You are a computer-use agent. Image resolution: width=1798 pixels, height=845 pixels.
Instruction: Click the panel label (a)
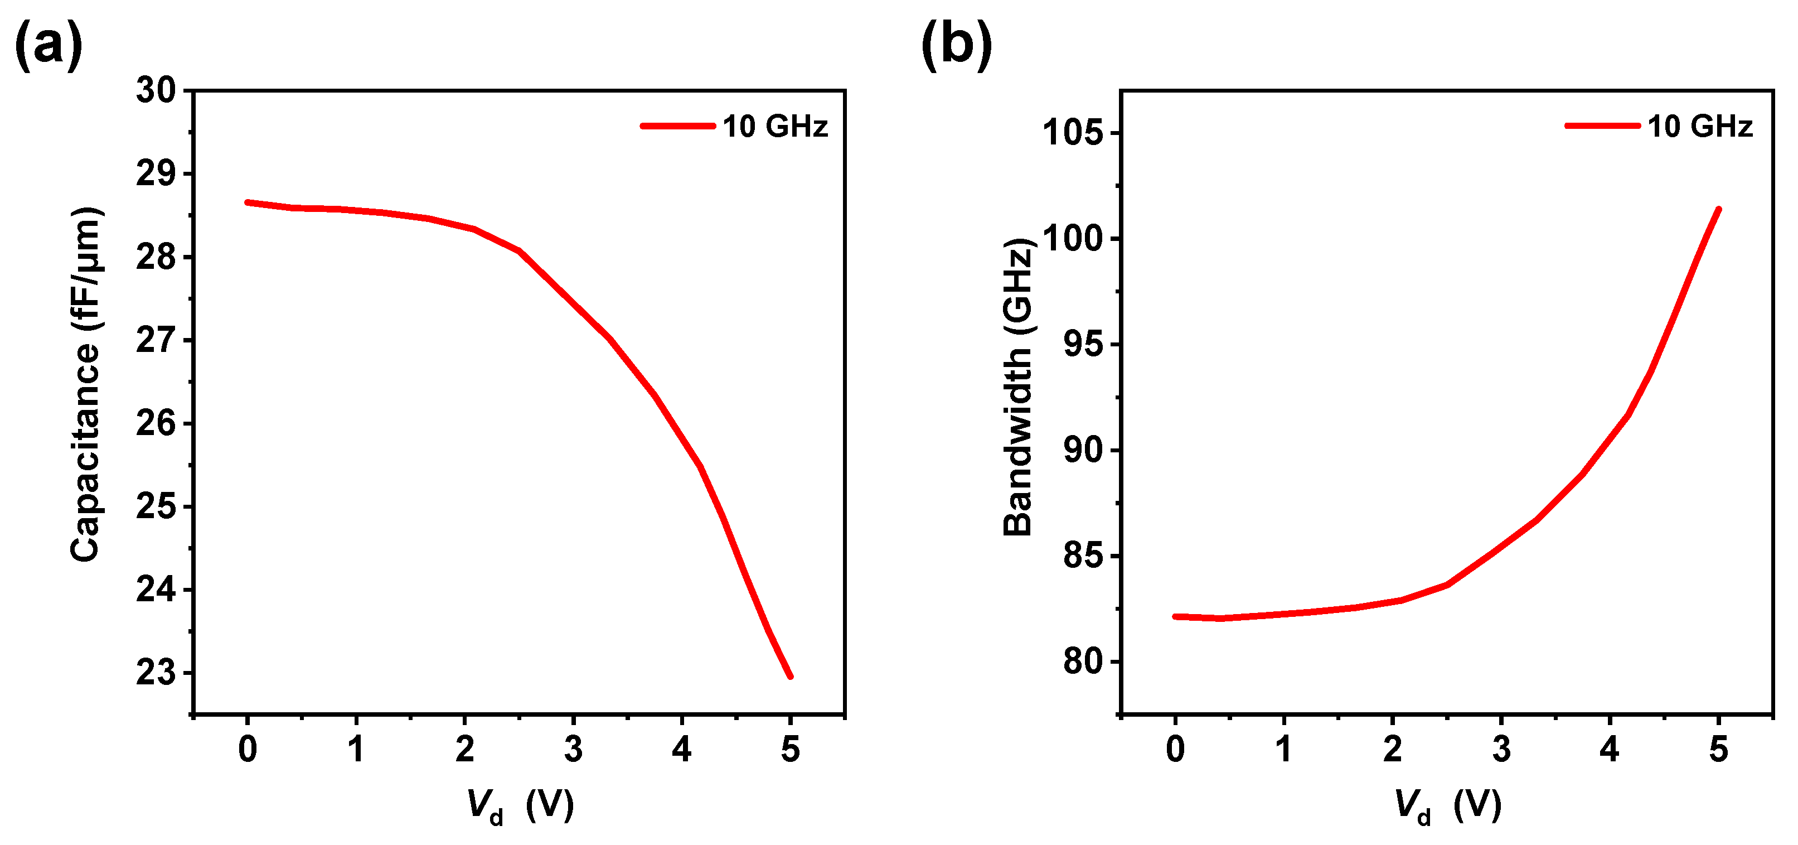pos(48,45)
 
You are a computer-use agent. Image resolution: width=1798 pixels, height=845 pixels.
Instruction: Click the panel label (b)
pos(956,45)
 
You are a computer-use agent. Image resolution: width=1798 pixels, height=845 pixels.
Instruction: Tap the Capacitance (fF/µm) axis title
pos(86,384)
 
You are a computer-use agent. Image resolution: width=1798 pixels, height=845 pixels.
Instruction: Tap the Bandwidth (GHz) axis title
pos(1017,388)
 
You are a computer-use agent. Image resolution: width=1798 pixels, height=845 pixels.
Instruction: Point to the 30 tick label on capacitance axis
pos(156,91)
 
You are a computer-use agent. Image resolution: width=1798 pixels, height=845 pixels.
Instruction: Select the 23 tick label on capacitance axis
pos(156,673)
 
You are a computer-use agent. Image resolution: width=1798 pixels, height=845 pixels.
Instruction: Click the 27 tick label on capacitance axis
pos(156,341)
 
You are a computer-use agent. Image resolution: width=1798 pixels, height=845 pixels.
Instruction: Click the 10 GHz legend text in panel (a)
pos(775,127)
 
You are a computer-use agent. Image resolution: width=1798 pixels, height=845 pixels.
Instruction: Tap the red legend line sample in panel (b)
pos(1602,125)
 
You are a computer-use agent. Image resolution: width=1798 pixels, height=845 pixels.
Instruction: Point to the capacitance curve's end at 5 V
pos(790,676)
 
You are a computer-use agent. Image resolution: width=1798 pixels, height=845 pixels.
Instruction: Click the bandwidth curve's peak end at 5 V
pos(1718,210)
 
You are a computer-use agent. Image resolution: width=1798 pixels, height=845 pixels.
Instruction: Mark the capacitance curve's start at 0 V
pos(248,202)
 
